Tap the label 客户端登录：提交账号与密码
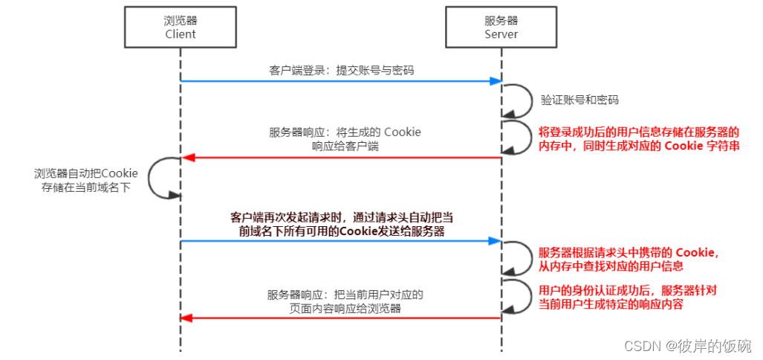[341, 71]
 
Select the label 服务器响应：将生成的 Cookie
[345, 132]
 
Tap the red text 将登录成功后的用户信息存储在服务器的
[639, 132]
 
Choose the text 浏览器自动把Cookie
[86, 173]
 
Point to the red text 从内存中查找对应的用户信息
[611, 266]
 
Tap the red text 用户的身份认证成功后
[594, 290]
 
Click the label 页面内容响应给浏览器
[345, 308]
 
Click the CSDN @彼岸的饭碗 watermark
[688, 346]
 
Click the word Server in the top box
[501, 33]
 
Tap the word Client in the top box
[180, 33]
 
